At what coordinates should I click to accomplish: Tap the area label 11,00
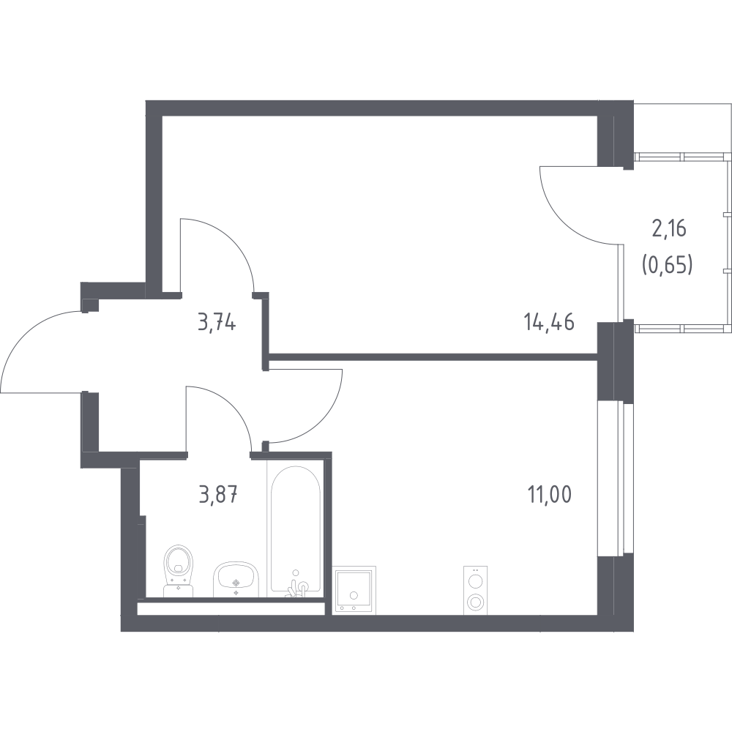coord(550,495)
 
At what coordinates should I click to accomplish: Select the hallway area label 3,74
coord(217,322)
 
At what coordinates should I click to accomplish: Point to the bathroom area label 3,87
coord(218,495)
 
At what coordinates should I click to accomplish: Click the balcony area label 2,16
coord(669,230)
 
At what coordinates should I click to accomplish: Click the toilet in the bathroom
coord(179,570)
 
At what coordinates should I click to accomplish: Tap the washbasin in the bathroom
coord(236,579)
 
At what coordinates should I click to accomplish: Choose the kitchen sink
coord(354,590)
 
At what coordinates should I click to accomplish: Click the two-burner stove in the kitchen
coord(476,590)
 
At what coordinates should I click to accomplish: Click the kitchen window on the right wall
coord(616,479)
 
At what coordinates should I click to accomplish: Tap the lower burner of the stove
coord(476,601)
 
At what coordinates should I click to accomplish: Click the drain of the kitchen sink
coord(354,595)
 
